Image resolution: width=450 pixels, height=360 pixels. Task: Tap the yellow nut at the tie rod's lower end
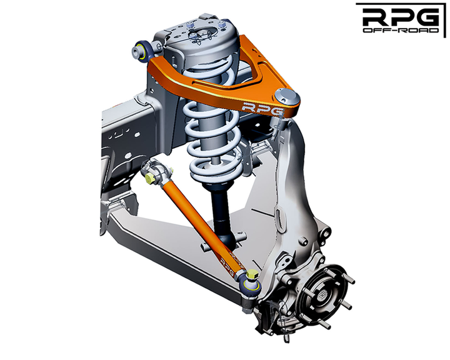tap(251, 276)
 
